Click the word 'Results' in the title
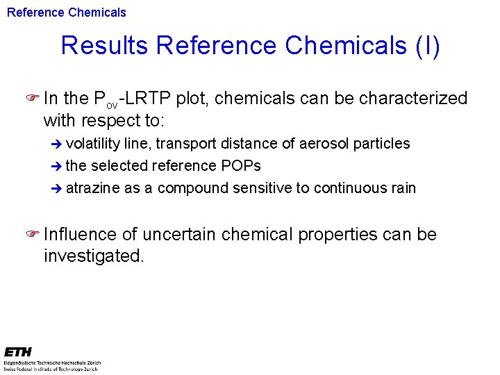(104, 46)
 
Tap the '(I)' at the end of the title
(427, 46)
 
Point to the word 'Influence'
(83, 235)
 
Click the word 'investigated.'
(94, 256)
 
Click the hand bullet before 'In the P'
(33, 99)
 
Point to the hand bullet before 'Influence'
(33, 235)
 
